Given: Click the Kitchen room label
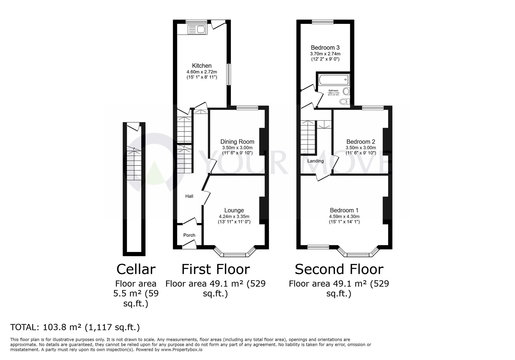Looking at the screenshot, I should coord(202,66).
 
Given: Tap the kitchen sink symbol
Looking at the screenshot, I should coord(197,30).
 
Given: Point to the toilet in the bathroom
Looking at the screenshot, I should coord(345,101).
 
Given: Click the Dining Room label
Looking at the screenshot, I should coord(237,142).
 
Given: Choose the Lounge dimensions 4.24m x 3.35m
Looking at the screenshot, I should coord(234,216).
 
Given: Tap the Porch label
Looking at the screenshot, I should coord(189,235).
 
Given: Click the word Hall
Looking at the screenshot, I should coord(189,196).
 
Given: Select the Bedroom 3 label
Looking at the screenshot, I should coord(325,48).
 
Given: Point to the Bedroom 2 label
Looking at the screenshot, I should coord(360,142).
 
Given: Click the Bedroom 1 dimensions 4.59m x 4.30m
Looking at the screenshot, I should coord(344,216).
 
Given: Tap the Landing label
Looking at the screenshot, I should coord(315,161).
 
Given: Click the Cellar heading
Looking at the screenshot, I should coord(136,269).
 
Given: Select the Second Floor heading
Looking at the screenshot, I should coord(339,269).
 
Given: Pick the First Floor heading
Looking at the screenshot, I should coord(216,269).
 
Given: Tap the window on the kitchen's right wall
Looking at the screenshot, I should coord(228,74).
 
